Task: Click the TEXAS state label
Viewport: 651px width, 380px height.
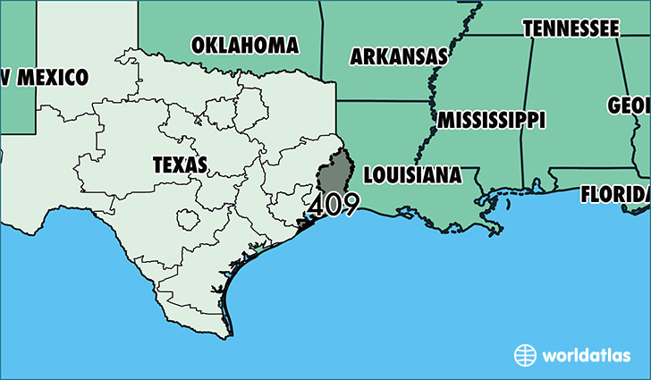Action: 180,165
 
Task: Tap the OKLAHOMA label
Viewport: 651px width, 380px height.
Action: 244,44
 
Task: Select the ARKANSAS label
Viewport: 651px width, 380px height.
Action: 398,56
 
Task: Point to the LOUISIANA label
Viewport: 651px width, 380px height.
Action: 413,174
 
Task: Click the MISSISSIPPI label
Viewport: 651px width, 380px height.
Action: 491,119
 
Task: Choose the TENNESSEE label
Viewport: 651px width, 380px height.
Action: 571,29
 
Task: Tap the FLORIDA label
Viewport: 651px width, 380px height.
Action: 615,193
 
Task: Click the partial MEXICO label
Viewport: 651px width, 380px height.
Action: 45,77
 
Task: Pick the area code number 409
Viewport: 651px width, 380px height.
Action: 333,206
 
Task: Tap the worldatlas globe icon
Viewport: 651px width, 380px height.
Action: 525,355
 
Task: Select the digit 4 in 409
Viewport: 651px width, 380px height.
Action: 315,206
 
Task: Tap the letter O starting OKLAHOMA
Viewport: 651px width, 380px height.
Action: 199,45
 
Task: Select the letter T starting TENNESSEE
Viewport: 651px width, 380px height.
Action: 528,29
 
